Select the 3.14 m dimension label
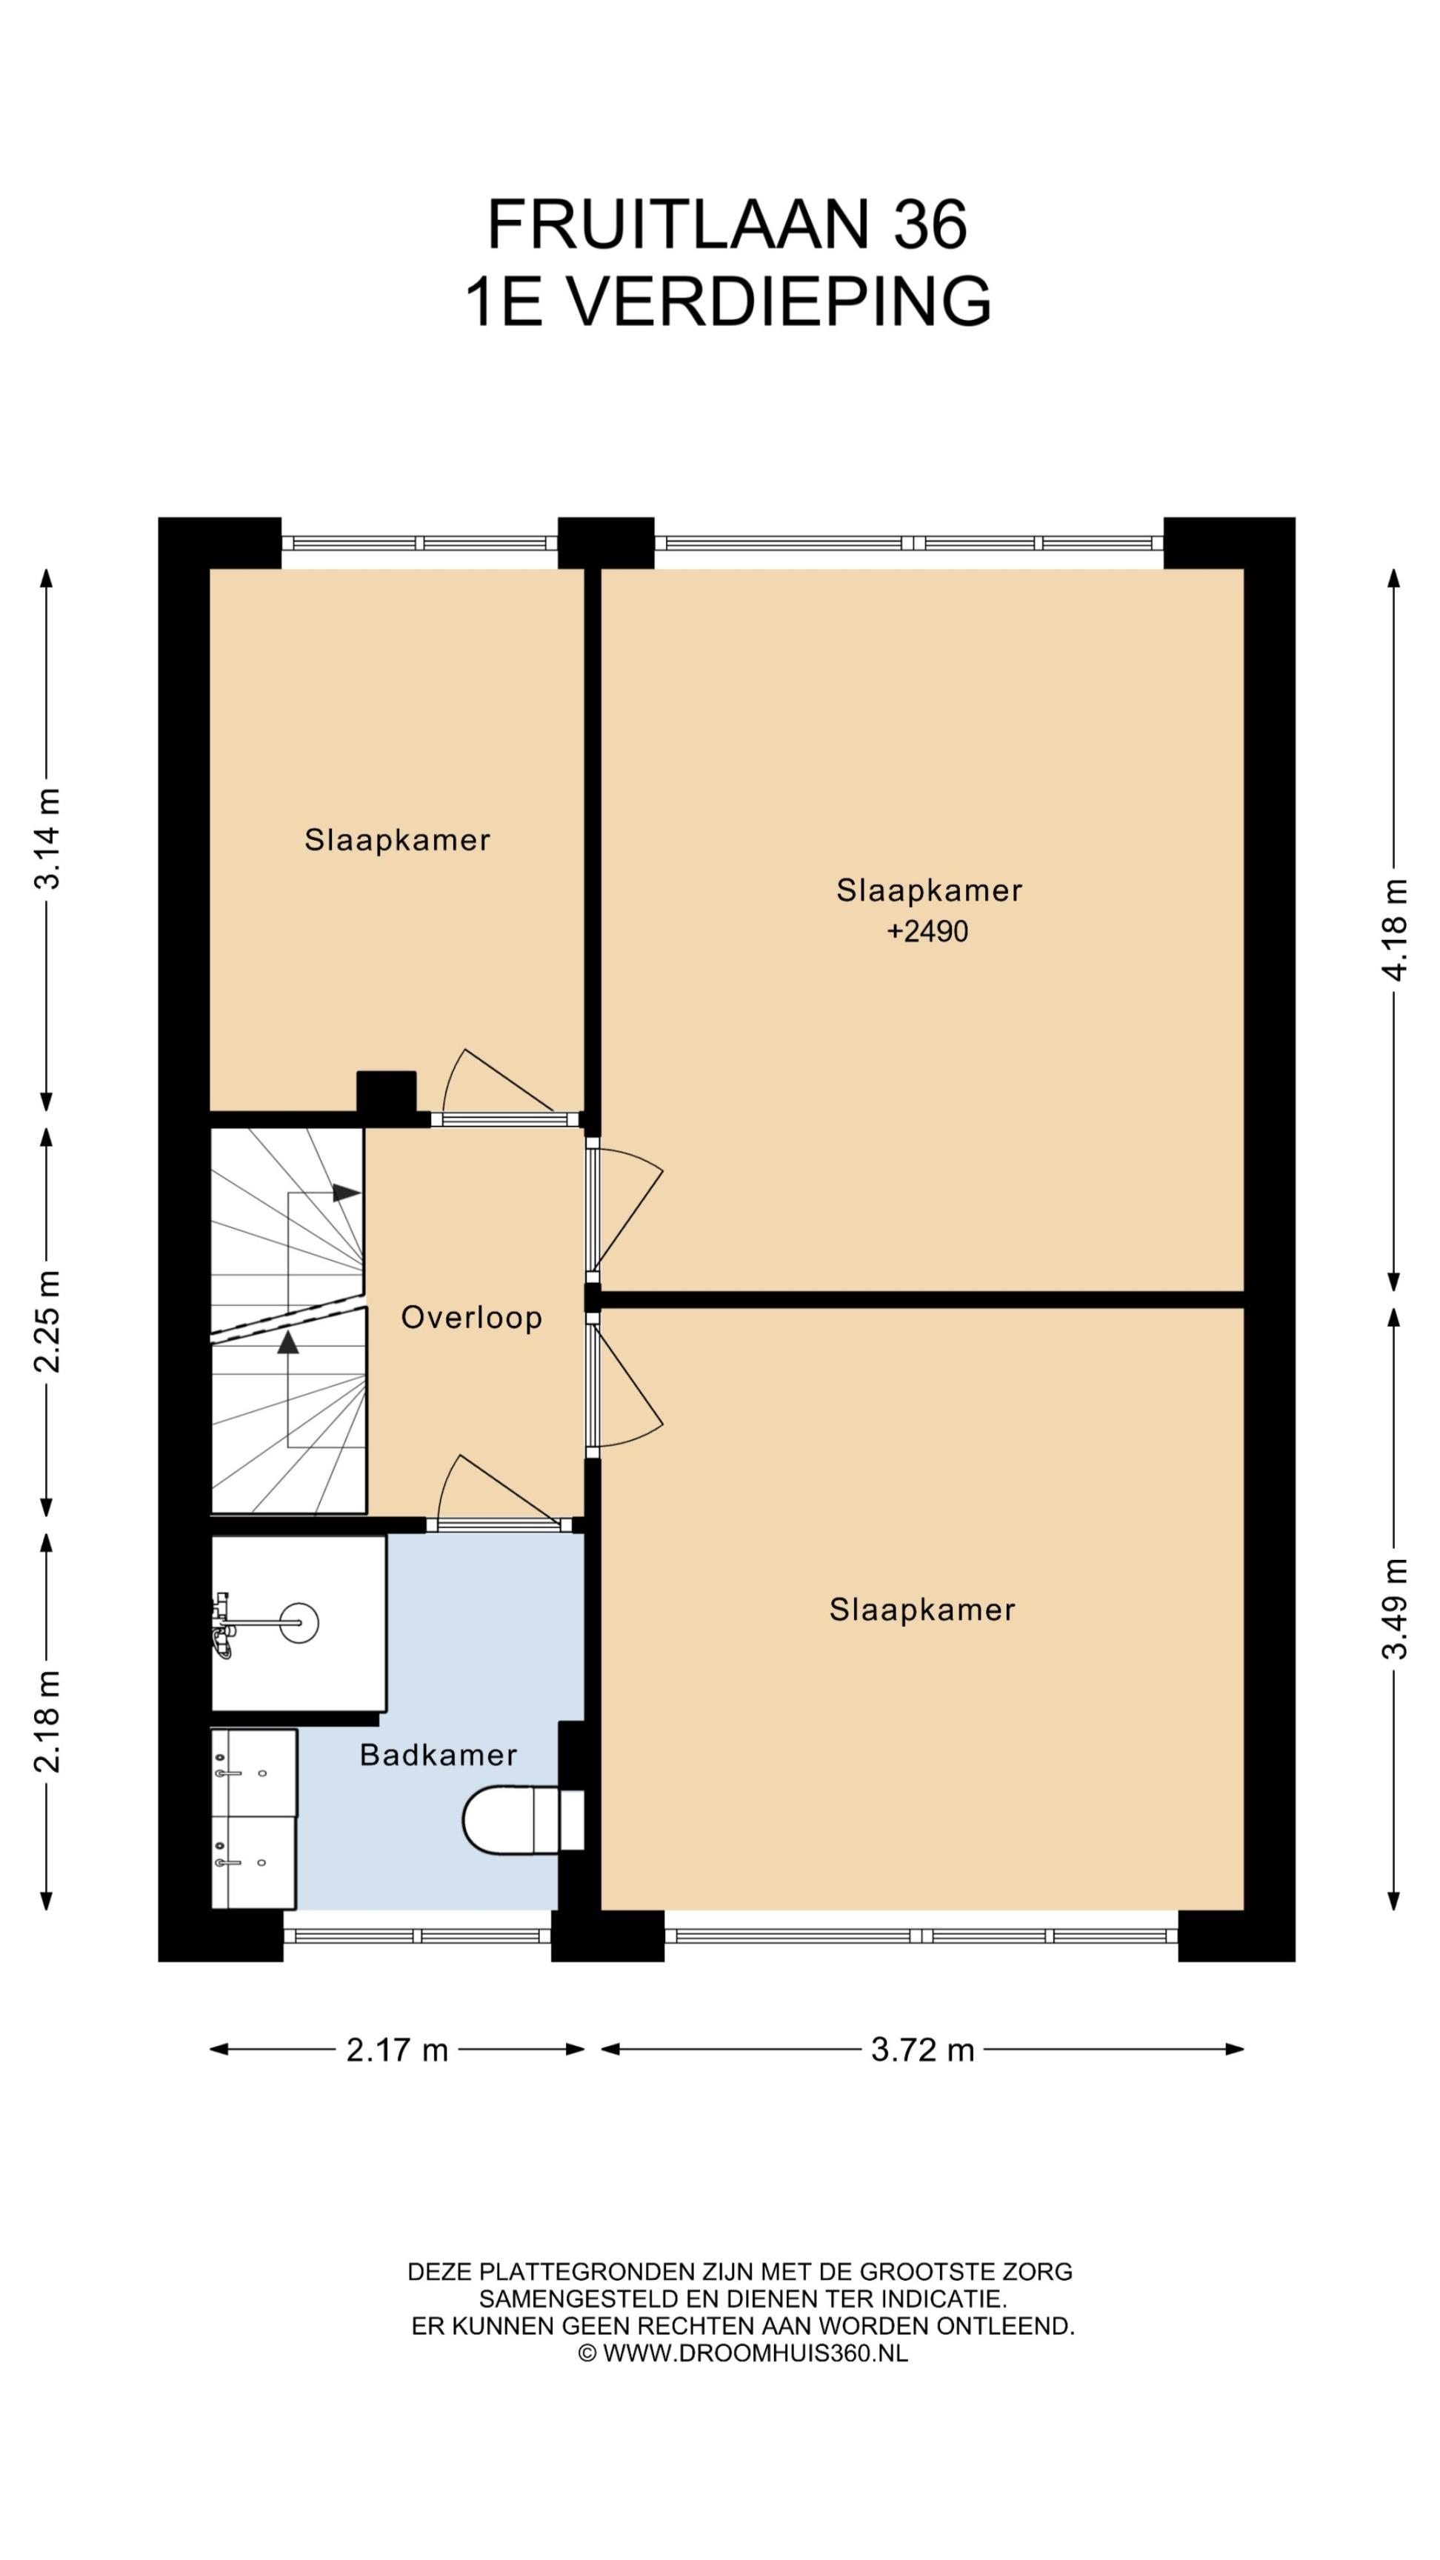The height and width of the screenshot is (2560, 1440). click(x=47, y=839)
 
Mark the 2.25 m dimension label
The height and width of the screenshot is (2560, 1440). click(x=47, y=1321)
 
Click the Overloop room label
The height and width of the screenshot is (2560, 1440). click(x=471, y=1318)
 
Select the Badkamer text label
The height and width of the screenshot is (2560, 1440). click(x=439, y=1755)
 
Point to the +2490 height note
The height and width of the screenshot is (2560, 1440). click(x=927, y=931)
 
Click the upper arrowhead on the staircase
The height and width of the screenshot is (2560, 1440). click(x=346, y=1193)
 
